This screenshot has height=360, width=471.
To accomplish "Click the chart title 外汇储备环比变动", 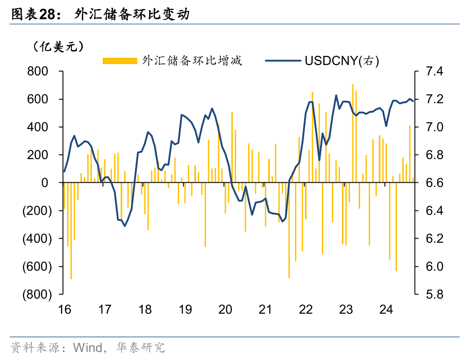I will click(132, 15).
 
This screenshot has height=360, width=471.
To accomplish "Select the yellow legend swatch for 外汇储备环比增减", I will click(120, 61).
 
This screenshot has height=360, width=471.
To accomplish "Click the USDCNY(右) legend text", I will click(342, 60).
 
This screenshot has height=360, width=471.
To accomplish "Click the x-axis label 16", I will click(65, 310).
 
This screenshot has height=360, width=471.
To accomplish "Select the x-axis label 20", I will click(225, 310).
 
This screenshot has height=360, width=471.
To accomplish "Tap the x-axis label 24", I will click(386, 310).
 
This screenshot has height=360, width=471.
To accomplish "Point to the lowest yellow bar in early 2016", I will click(71, 232).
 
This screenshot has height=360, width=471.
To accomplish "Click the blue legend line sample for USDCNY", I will click(283, 60).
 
